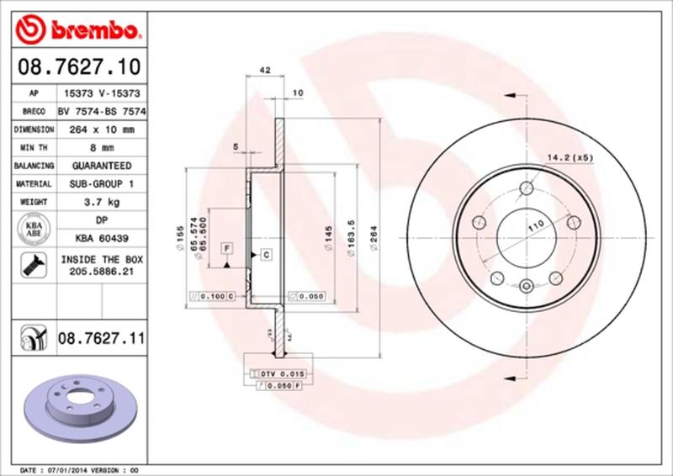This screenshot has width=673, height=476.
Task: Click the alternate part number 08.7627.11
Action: (x=101, y=339)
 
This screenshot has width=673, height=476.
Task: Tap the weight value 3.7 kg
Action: (x=101, y=202)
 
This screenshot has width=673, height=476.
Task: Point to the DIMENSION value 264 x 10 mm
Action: (x=101, y=130)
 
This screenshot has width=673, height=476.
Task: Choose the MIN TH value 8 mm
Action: (x=101, y=148)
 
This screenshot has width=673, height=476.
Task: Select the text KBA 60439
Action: (x=101, y=239)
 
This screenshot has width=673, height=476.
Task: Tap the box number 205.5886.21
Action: (x=101, y=272)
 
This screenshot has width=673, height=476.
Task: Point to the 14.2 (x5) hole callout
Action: (x=570, y=157)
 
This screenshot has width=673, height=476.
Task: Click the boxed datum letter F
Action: (x=226, y=247)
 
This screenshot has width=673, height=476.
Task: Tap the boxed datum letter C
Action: (x=264, y=253)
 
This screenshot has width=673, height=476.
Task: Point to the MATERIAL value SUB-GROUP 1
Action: (x=101, y=183)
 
